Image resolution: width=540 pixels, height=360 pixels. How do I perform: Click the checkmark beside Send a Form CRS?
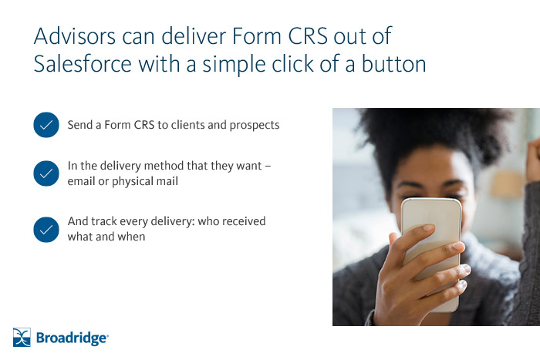(46, 124)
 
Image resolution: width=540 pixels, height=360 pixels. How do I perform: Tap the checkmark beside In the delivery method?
(46, 173)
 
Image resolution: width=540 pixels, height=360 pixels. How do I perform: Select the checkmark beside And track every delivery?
(46, 230)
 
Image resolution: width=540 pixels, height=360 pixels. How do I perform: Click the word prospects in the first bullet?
(254, 125)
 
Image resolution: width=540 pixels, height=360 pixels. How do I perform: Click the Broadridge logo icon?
(22, 337)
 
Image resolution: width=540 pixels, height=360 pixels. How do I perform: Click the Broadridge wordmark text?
(73, 338)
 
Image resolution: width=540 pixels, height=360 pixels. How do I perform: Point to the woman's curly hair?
(432, 131)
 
